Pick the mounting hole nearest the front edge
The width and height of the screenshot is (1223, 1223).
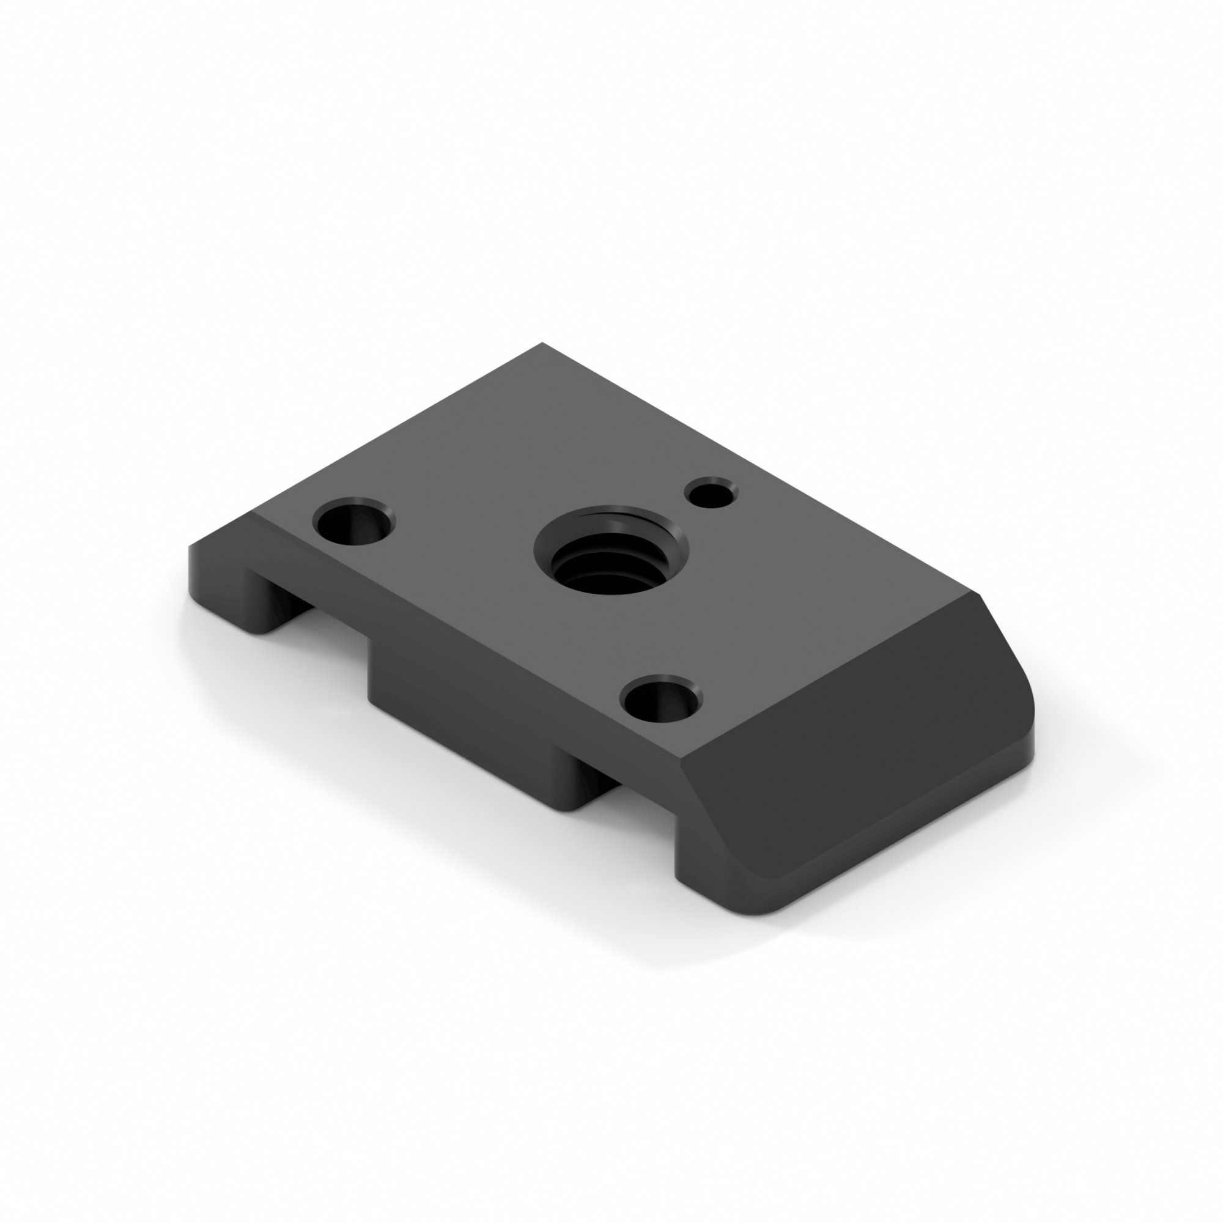click(662, 701)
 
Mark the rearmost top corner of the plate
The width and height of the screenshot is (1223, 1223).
click(542, 344)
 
